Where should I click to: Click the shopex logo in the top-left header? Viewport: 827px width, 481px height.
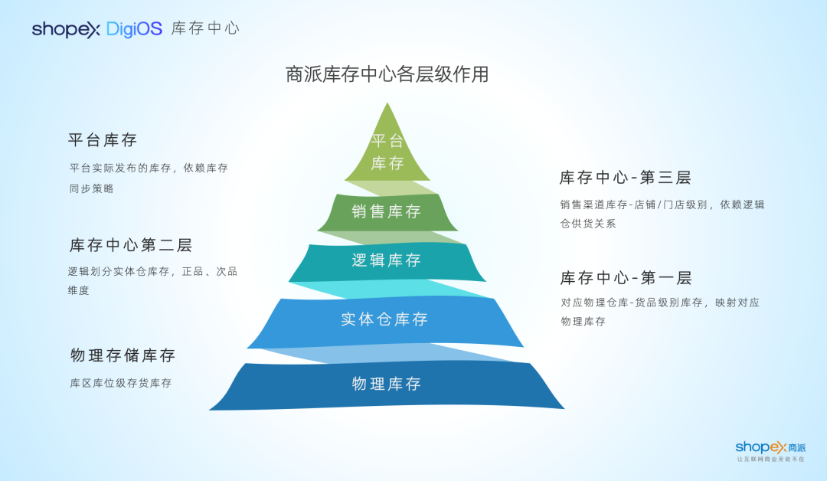click(x=66, y=29)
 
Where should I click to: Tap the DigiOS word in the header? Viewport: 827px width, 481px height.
click(x=134, y=29)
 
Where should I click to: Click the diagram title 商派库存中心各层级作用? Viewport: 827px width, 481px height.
click(x=387, y=74)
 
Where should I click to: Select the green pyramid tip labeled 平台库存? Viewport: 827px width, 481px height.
click(x=387, y=151)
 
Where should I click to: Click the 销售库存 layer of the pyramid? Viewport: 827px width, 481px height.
click(x=387, y=212)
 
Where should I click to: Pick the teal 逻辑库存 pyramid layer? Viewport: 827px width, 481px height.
click(x=387, y=260)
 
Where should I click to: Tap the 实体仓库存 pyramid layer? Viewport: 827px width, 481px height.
click(x=384, y=319)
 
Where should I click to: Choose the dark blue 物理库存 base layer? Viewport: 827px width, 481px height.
click(x=387, y=384)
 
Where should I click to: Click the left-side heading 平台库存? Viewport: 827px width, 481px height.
click(x=103, y=140)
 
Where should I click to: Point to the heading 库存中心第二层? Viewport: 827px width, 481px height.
click(x=130, y=245)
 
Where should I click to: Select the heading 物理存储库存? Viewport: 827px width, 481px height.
click(x=123, y=355)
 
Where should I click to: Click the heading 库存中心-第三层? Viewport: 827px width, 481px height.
click(x=625, y=178)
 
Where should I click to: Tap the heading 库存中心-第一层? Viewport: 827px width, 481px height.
click(x=625, y=277)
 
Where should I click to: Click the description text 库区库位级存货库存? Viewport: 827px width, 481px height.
click(x=120, y=383)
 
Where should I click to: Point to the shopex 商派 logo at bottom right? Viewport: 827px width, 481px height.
click(x=770, y=447)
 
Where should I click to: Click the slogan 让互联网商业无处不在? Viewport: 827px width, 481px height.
click(x=770, y=459)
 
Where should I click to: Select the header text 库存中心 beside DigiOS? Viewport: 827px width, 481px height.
click(x=205, y=29)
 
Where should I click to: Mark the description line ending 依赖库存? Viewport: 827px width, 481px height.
click(x=149, y=168)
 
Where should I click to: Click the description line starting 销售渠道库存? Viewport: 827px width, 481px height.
click(x=662, y=205)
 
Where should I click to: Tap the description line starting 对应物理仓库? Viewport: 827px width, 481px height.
click(x=660, y=303)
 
